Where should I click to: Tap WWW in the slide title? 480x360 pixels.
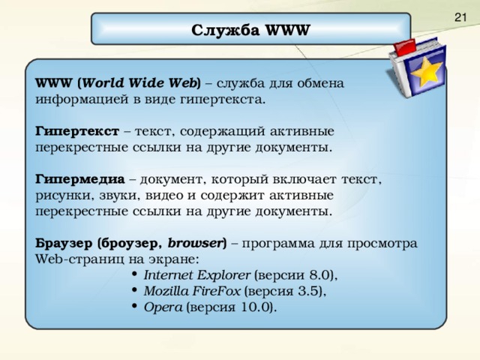coord(286,31)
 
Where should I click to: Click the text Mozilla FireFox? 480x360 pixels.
coord(192,290)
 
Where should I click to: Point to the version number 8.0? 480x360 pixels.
coord(315,274)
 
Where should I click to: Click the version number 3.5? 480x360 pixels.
coord(309,290)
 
